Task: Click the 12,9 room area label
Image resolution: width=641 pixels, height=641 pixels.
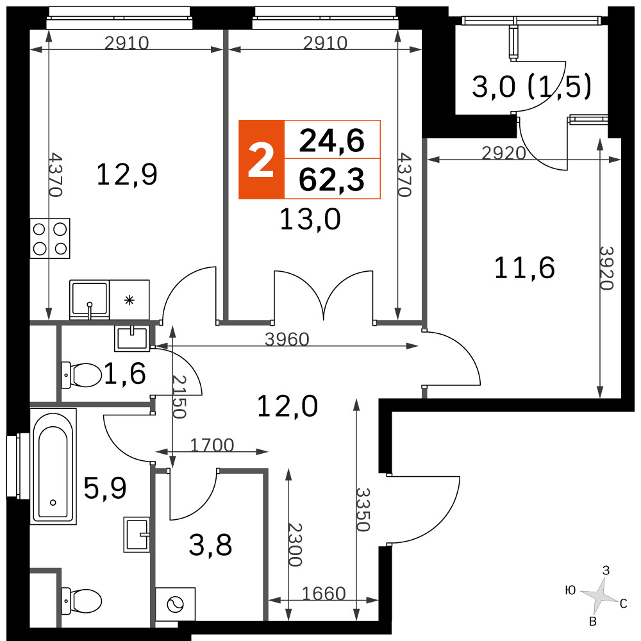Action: click(x=127, y=174)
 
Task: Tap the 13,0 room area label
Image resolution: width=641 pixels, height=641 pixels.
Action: click(x=310, y=219)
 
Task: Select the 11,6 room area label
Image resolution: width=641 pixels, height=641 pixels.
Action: click(x=524, y=268)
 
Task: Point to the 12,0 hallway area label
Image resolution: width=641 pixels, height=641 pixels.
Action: click(x=287, y=406)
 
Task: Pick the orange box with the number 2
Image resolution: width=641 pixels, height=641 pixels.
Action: click(x=262, y=160)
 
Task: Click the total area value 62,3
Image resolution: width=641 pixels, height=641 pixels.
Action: click(x=331, y=179)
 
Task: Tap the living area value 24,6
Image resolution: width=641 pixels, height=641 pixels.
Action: click(x=331, y=140)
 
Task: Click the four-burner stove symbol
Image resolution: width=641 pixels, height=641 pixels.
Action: click(x=50, y=238)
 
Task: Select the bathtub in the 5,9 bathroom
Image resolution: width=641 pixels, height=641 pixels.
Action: click(x=54, y=467)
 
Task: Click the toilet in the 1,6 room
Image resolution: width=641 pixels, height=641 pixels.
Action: click(x=81, y=375)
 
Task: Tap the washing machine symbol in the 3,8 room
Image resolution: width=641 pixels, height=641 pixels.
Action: click(x=176, y=604)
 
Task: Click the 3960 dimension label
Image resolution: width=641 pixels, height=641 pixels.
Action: click(x=287, y=339)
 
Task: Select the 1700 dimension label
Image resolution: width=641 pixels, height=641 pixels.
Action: click(x=212, y=445)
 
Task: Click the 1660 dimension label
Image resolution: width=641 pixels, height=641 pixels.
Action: click(x=324, y=594)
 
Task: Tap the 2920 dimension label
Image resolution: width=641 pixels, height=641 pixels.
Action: click(x=504, y=153)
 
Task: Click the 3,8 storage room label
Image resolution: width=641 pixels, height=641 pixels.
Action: click(x=210, y=545)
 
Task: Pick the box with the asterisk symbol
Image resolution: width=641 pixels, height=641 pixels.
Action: click(x=129, y=299)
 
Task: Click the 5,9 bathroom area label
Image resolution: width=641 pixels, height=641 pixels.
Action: click(x=105, y=488)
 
